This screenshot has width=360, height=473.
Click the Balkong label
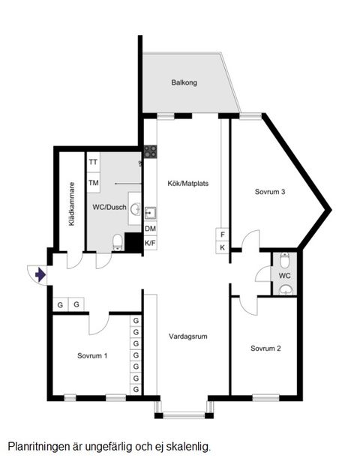(184, 83)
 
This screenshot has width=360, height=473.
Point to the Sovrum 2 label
(266, 348)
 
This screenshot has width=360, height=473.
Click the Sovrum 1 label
(92, 355)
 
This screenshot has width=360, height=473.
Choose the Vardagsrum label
(187, 336)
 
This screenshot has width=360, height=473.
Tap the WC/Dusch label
(108, 207)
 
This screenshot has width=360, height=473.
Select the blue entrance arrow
(40, 275)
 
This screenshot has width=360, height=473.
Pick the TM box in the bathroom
(94, 183)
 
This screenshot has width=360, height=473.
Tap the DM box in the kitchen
(150, 229)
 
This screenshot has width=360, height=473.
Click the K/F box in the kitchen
(150, 243)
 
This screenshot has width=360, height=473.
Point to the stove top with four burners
(150, 151)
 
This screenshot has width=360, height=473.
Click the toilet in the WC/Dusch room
(117, 241)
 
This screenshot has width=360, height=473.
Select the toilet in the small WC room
(284, 260)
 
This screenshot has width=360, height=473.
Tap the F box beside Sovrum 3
(222, 234)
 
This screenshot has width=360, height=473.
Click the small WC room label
(284, 276)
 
